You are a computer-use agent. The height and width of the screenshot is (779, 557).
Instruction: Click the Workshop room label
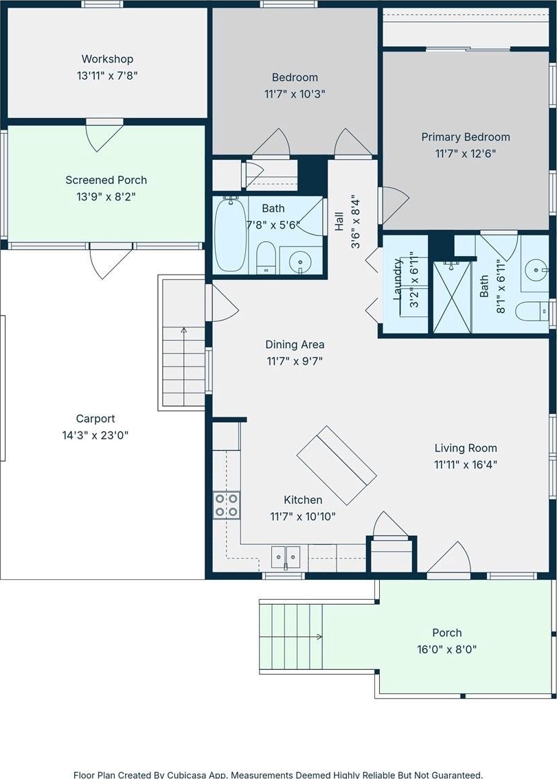coord(107,59)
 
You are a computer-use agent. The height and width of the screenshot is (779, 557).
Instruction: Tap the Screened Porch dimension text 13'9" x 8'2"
coord(106,197)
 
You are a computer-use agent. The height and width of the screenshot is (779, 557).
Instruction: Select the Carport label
coord(95,419)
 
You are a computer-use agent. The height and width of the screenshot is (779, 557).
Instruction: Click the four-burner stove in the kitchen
coord(227,504)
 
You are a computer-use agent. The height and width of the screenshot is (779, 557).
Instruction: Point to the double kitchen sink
coord(286,557)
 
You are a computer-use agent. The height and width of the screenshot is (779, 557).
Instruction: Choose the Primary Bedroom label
coord(466,137)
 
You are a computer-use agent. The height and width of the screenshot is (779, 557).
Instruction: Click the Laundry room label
coord(398,279)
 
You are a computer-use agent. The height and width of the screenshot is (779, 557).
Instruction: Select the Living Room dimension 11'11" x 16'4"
coord(466,465)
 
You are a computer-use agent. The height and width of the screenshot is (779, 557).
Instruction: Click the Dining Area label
coord(295,345)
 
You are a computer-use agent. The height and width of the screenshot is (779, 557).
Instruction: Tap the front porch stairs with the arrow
coord(291,636)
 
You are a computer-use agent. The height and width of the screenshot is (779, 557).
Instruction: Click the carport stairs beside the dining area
coord(184,342)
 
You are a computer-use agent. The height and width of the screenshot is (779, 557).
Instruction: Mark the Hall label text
coord(339,222)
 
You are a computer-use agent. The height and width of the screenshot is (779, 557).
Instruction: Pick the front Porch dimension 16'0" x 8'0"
coord(446,649)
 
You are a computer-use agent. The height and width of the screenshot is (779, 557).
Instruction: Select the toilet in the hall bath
coord(266,258)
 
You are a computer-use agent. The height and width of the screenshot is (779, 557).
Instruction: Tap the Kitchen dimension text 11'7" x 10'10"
coord(303,517)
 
